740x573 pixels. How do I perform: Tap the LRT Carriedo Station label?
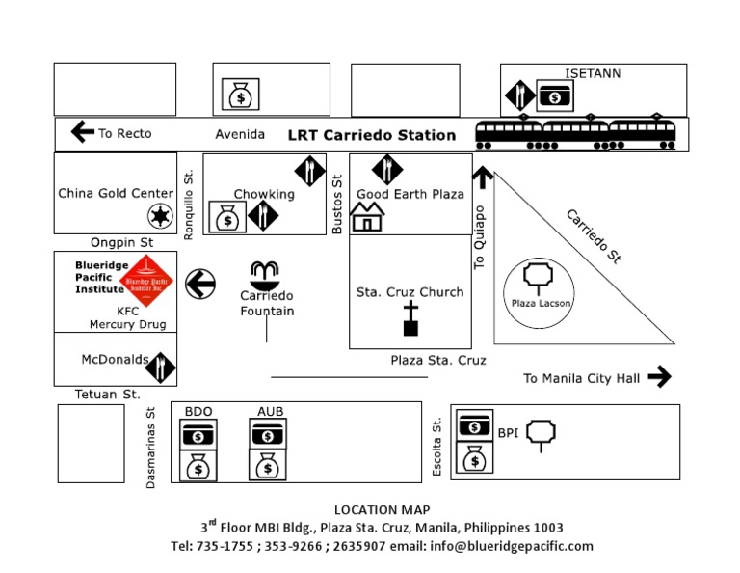click(372, 135)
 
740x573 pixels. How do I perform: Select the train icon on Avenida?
click(575, 135)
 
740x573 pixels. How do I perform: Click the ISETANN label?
click(593, 73)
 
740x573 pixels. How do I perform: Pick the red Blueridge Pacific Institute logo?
click(154, 281)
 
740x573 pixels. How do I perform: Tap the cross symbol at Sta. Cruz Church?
click(410, 318)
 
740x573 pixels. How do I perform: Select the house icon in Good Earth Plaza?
click(367, 219)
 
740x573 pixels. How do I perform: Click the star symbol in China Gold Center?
click(159, 216)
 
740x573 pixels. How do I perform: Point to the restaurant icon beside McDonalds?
click(162, 367)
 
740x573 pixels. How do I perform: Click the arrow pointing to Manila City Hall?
click(659, 376)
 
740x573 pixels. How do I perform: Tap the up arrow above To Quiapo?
click(482, 177)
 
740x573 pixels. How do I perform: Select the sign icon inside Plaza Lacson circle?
click(535, 278)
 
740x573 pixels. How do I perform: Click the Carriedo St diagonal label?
click(593, 236)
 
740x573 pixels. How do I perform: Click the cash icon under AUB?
click(268, 436)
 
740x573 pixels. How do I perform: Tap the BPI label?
click(508, 433)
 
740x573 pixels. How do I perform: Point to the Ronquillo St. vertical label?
click(189, 204)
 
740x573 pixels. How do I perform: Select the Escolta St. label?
click(437, 446)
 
